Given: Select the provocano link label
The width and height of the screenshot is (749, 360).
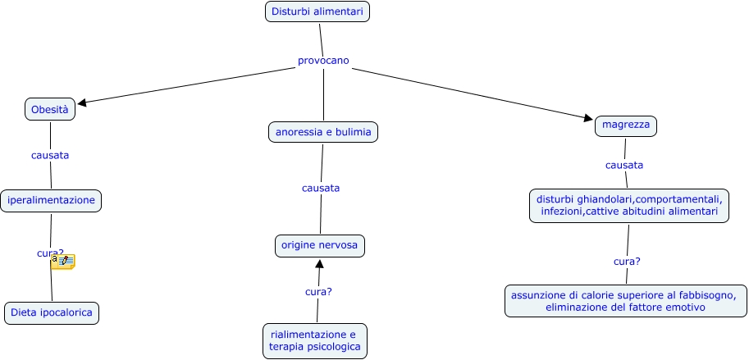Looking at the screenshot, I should coord(323,61).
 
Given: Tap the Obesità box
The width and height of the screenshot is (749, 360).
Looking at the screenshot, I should coord(50,109).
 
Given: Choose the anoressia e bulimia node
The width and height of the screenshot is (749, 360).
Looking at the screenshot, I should coord(323,131).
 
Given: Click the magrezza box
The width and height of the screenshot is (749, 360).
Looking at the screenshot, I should coord(626,125).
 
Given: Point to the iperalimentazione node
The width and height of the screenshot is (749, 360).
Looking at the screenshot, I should coord(52,199).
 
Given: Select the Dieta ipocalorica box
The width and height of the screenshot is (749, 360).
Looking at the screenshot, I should coord(52,312).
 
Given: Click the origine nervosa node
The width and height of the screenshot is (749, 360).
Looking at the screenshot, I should coord(320,245).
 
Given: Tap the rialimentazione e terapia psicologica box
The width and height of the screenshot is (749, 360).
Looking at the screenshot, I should coord(315,340).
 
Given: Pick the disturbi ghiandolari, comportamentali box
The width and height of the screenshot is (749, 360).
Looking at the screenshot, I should coord(629,205).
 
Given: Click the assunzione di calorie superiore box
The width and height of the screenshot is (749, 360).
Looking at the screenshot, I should coord(626,301).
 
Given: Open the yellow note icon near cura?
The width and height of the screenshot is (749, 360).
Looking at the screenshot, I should coord(63,262).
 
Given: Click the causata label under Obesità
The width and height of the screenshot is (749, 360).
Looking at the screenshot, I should coord(50,155).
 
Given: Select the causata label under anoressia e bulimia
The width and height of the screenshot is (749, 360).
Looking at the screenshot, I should coord(321,188).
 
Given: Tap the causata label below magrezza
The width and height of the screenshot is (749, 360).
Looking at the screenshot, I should coord(624,165).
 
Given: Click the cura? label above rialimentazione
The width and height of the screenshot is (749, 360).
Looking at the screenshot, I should coord(318,291).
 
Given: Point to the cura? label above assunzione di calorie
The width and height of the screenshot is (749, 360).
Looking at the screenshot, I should coord(627,262).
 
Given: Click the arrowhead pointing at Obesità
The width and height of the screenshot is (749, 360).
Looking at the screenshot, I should coord(82,103).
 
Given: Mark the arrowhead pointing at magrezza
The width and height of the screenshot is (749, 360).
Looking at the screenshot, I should coord(588,119).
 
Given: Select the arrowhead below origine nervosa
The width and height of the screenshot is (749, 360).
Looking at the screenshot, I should coord(320,264).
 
